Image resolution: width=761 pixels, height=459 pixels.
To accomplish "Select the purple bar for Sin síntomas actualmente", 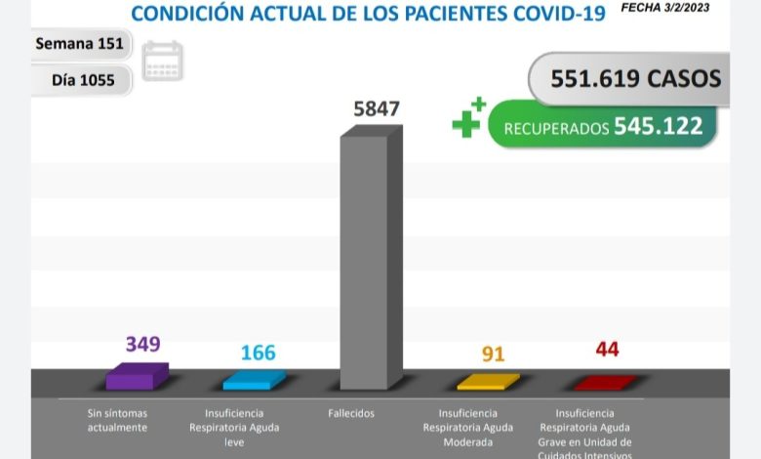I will (x=136, y=378).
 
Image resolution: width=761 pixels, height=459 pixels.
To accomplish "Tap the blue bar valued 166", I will (x=254, y=380).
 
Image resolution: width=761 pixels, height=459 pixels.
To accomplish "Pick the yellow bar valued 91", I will (x=488, y=381).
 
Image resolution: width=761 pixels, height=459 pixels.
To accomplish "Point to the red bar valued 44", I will (x=605, y=382).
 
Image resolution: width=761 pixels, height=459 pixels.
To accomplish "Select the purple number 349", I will (x=142, y=344).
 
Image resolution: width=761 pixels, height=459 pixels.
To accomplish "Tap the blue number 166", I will (x=258, y=352).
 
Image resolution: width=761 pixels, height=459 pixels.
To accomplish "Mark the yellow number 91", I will (x=494, y=354).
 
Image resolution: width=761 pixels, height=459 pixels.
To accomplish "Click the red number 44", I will (x=607, y=349).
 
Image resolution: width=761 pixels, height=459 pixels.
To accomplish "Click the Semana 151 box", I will (x=79, y=45).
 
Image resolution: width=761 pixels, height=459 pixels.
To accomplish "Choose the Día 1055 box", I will (x=83, y=80).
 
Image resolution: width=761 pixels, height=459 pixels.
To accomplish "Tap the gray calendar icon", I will (x=162, y=61).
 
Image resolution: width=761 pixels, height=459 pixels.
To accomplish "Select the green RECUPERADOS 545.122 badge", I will (x=602, y=127).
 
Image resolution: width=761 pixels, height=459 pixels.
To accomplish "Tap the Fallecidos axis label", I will (x=351, y=413).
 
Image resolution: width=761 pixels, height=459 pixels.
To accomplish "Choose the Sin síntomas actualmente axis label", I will (x=117, y=420).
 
